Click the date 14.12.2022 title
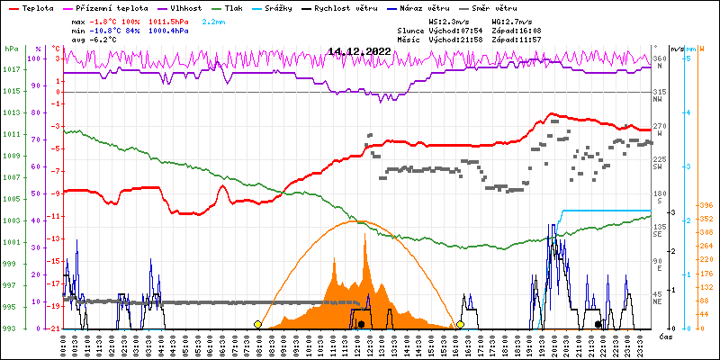click(359, 51)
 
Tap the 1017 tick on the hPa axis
click(12, 70)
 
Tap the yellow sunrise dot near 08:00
click(258, 324)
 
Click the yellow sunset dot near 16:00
click(460, 324)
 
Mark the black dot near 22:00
click(598, 324)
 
